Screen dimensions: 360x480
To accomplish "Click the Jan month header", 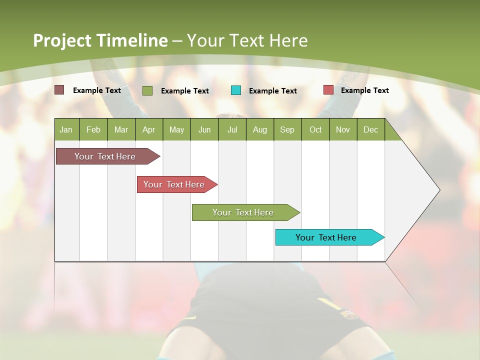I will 66,129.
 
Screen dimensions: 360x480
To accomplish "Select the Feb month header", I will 93,129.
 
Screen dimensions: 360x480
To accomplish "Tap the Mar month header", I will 121,129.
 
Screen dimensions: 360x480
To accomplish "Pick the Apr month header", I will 149,129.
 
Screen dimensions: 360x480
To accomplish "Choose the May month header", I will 176,129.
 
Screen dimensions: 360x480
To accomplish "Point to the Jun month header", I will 204,129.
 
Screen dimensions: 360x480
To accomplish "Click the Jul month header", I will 232,129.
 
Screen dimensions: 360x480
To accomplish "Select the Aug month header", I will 260,129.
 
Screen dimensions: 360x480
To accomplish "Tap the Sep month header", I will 287,129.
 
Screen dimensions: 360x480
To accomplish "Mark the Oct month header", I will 315,129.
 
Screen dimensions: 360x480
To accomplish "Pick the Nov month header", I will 343,129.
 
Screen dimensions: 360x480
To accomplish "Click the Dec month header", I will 371,129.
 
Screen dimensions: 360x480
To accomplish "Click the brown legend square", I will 59,90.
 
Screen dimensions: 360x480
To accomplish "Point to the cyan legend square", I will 236,90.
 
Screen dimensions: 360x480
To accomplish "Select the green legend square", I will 147,90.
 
